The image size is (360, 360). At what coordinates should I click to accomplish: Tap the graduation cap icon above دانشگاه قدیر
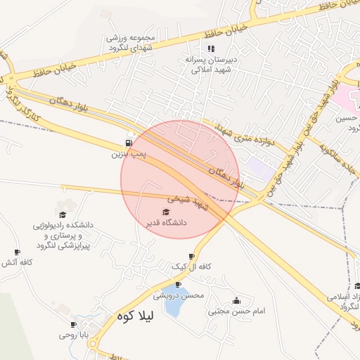pyautogui.click(x=166, y=212)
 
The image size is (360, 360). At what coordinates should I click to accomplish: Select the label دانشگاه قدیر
pyautogui.click(x=165, y=222)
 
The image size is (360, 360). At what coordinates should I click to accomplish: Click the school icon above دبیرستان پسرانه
pyautogui.click(x=210, y=49)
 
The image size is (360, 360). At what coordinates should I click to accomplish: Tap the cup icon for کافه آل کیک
pyautogui.click(x=191, y=257)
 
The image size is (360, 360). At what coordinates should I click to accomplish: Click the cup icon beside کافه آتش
pyautogui.click(x=17, y=252)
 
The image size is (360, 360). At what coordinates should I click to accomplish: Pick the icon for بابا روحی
pyautogui.click(x=73, y=324)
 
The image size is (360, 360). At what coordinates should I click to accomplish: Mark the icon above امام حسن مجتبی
pyautogui.click(x=236, y=300)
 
